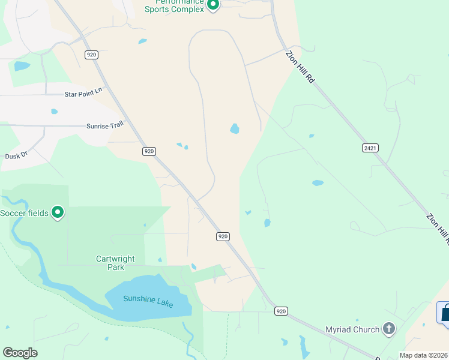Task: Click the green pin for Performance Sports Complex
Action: tap(212, 5)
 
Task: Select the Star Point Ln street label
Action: tap(83, 93)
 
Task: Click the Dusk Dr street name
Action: tap(17, 155)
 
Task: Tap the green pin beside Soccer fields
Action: tap(58, 212)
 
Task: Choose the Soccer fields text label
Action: tap(24, 213)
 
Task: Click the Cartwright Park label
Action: tap(110, 263)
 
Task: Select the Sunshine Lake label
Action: tap(148, 301)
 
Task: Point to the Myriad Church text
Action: tap(352, 329)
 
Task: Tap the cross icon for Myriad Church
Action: tap(389, 329)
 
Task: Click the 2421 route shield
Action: tap(370, 148)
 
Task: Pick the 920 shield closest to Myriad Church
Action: tap(281, 311)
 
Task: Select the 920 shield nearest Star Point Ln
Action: tap(91, 55)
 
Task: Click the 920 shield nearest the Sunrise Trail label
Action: tap(149, 151)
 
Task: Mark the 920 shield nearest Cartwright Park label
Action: tap(223, 236)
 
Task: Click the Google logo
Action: tap(20, 353)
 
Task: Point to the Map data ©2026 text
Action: tap(423, 355)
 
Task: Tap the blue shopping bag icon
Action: tap(445, 313)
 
